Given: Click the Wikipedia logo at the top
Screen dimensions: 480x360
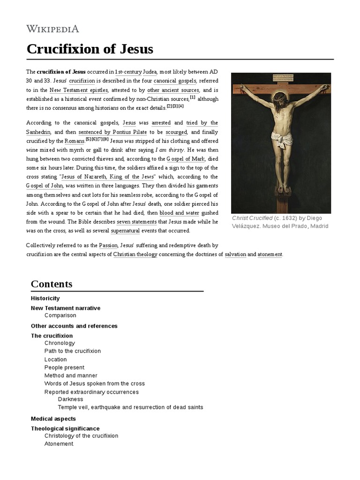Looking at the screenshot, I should pyautogui.click(x=52, y=29).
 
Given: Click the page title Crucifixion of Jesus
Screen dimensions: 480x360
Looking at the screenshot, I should pyautogui.click(x=90, y=49).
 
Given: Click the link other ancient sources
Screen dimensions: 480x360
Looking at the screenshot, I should pyautogui.click(x=173, y=90).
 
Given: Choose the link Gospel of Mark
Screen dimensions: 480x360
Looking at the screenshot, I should pyautogui.click(x=187, y=158).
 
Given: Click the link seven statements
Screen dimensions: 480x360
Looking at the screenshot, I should pyautogui.click(x=137, y=221).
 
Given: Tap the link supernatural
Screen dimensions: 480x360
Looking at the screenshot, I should pyautogui.click(x=125, y=231).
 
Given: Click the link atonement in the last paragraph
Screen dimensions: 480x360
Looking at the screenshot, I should pyautogui.click(x=270, y=254).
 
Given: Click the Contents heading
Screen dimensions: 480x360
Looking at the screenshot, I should pyautogui.click(x=52, y=284).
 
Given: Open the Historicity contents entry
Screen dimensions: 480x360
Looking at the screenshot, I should pyautogui.click(x=45, y=299).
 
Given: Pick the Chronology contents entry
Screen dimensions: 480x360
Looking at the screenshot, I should pyautogui.click(x=60, y=343).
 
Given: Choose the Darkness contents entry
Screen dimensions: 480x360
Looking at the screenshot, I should pyautogui.click(x=70, y=399).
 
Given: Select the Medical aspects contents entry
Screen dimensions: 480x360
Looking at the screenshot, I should pyautogui.click(x=53, y=419).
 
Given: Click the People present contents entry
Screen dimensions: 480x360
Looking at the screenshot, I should pyautogui.click(x=64, y=367).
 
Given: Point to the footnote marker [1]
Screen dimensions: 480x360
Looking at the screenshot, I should pyautogui.click(x=193, y=97).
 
